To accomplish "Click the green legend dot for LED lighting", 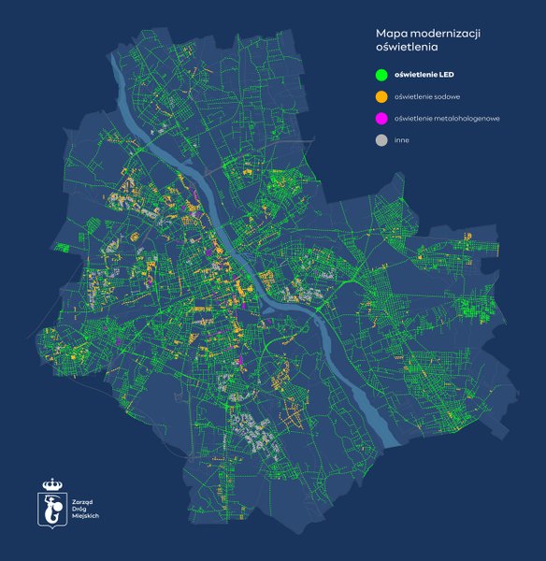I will tap(381, 74).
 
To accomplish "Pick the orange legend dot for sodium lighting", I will tap(381, 96).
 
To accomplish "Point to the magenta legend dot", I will tap(381, 119).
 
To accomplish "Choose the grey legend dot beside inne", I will tap(381, 140).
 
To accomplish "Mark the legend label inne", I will tap(402, 140).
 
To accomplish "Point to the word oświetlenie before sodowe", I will tap(413, 96).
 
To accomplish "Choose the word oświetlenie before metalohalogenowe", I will tap(413, 119).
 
